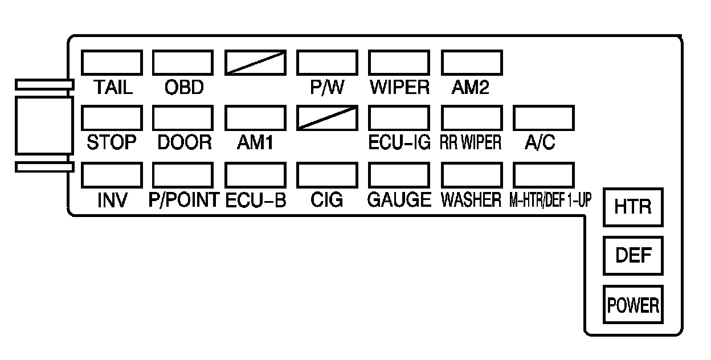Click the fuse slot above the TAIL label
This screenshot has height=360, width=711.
tap(111, 63)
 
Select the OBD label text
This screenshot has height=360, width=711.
tap(183, 88)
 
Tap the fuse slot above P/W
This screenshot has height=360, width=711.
tap(328, 63)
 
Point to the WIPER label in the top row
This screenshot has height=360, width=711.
tap(399, 88)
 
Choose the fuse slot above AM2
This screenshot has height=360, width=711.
tap(472, 63)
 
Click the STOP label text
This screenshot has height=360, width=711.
tap(112, 142)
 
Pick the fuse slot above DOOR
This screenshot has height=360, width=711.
tap(183, 118)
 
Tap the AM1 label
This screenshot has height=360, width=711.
tap(255, 143)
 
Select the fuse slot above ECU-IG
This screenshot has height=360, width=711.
tap(399, 118)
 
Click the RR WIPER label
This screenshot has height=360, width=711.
tap(471, 143)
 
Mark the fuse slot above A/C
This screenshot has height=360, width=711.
tap(544, 118)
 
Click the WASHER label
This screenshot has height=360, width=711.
tap(471, 200)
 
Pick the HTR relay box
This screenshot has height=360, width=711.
tap(632, 206)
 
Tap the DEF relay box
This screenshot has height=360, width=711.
tap(632, 255)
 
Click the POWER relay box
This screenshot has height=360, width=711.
tap(632, 305)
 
